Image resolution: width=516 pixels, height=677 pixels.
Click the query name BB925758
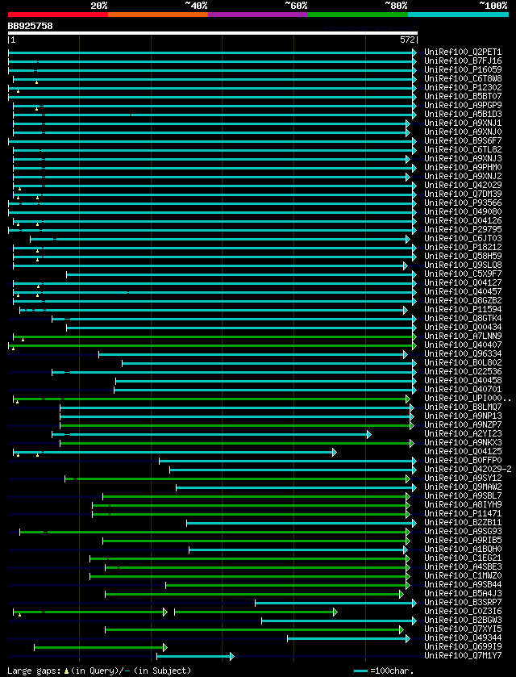(31, 26)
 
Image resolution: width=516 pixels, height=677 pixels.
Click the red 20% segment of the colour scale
(57, 15)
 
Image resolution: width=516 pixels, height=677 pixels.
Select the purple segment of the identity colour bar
(257, 15)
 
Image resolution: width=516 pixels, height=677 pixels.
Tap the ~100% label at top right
(493, 5)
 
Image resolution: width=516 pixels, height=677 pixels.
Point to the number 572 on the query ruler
(407, 39)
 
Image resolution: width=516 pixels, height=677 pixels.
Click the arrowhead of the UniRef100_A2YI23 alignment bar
(368, 434)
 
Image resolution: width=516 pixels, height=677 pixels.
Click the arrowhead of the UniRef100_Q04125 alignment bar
(334, 452)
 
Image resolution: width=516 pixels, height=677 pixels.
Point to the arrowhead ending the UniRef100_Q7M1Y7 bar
(231, 656)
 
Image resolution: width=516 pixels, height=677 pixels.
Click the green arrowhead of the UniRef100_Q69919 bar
(164, 647)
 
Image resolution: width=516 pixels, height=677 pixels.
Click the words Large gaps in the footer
(32, 671)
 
